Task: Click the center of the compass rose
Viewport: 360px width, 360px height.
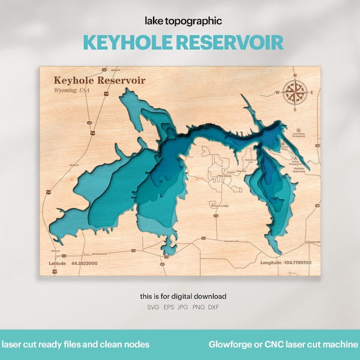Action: (293, 92)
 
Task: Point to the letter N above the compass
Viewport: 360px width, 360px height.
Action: (293, 74)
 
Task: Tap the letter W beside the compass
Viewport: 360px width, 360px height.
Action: (277, 92)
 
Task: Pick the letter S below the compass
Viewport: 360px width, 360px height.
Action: (293, 110)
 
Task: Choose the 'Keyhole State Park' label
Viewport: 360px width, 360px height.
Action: (298, 171)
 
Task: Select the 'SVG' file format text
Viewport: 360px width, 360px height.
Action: (154, 307)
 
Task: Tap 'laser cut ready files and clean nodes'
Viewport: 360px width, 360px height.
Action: (76, 345)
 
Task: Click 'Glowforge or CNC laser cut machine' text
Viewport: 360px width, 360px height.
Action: (283, 345)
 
